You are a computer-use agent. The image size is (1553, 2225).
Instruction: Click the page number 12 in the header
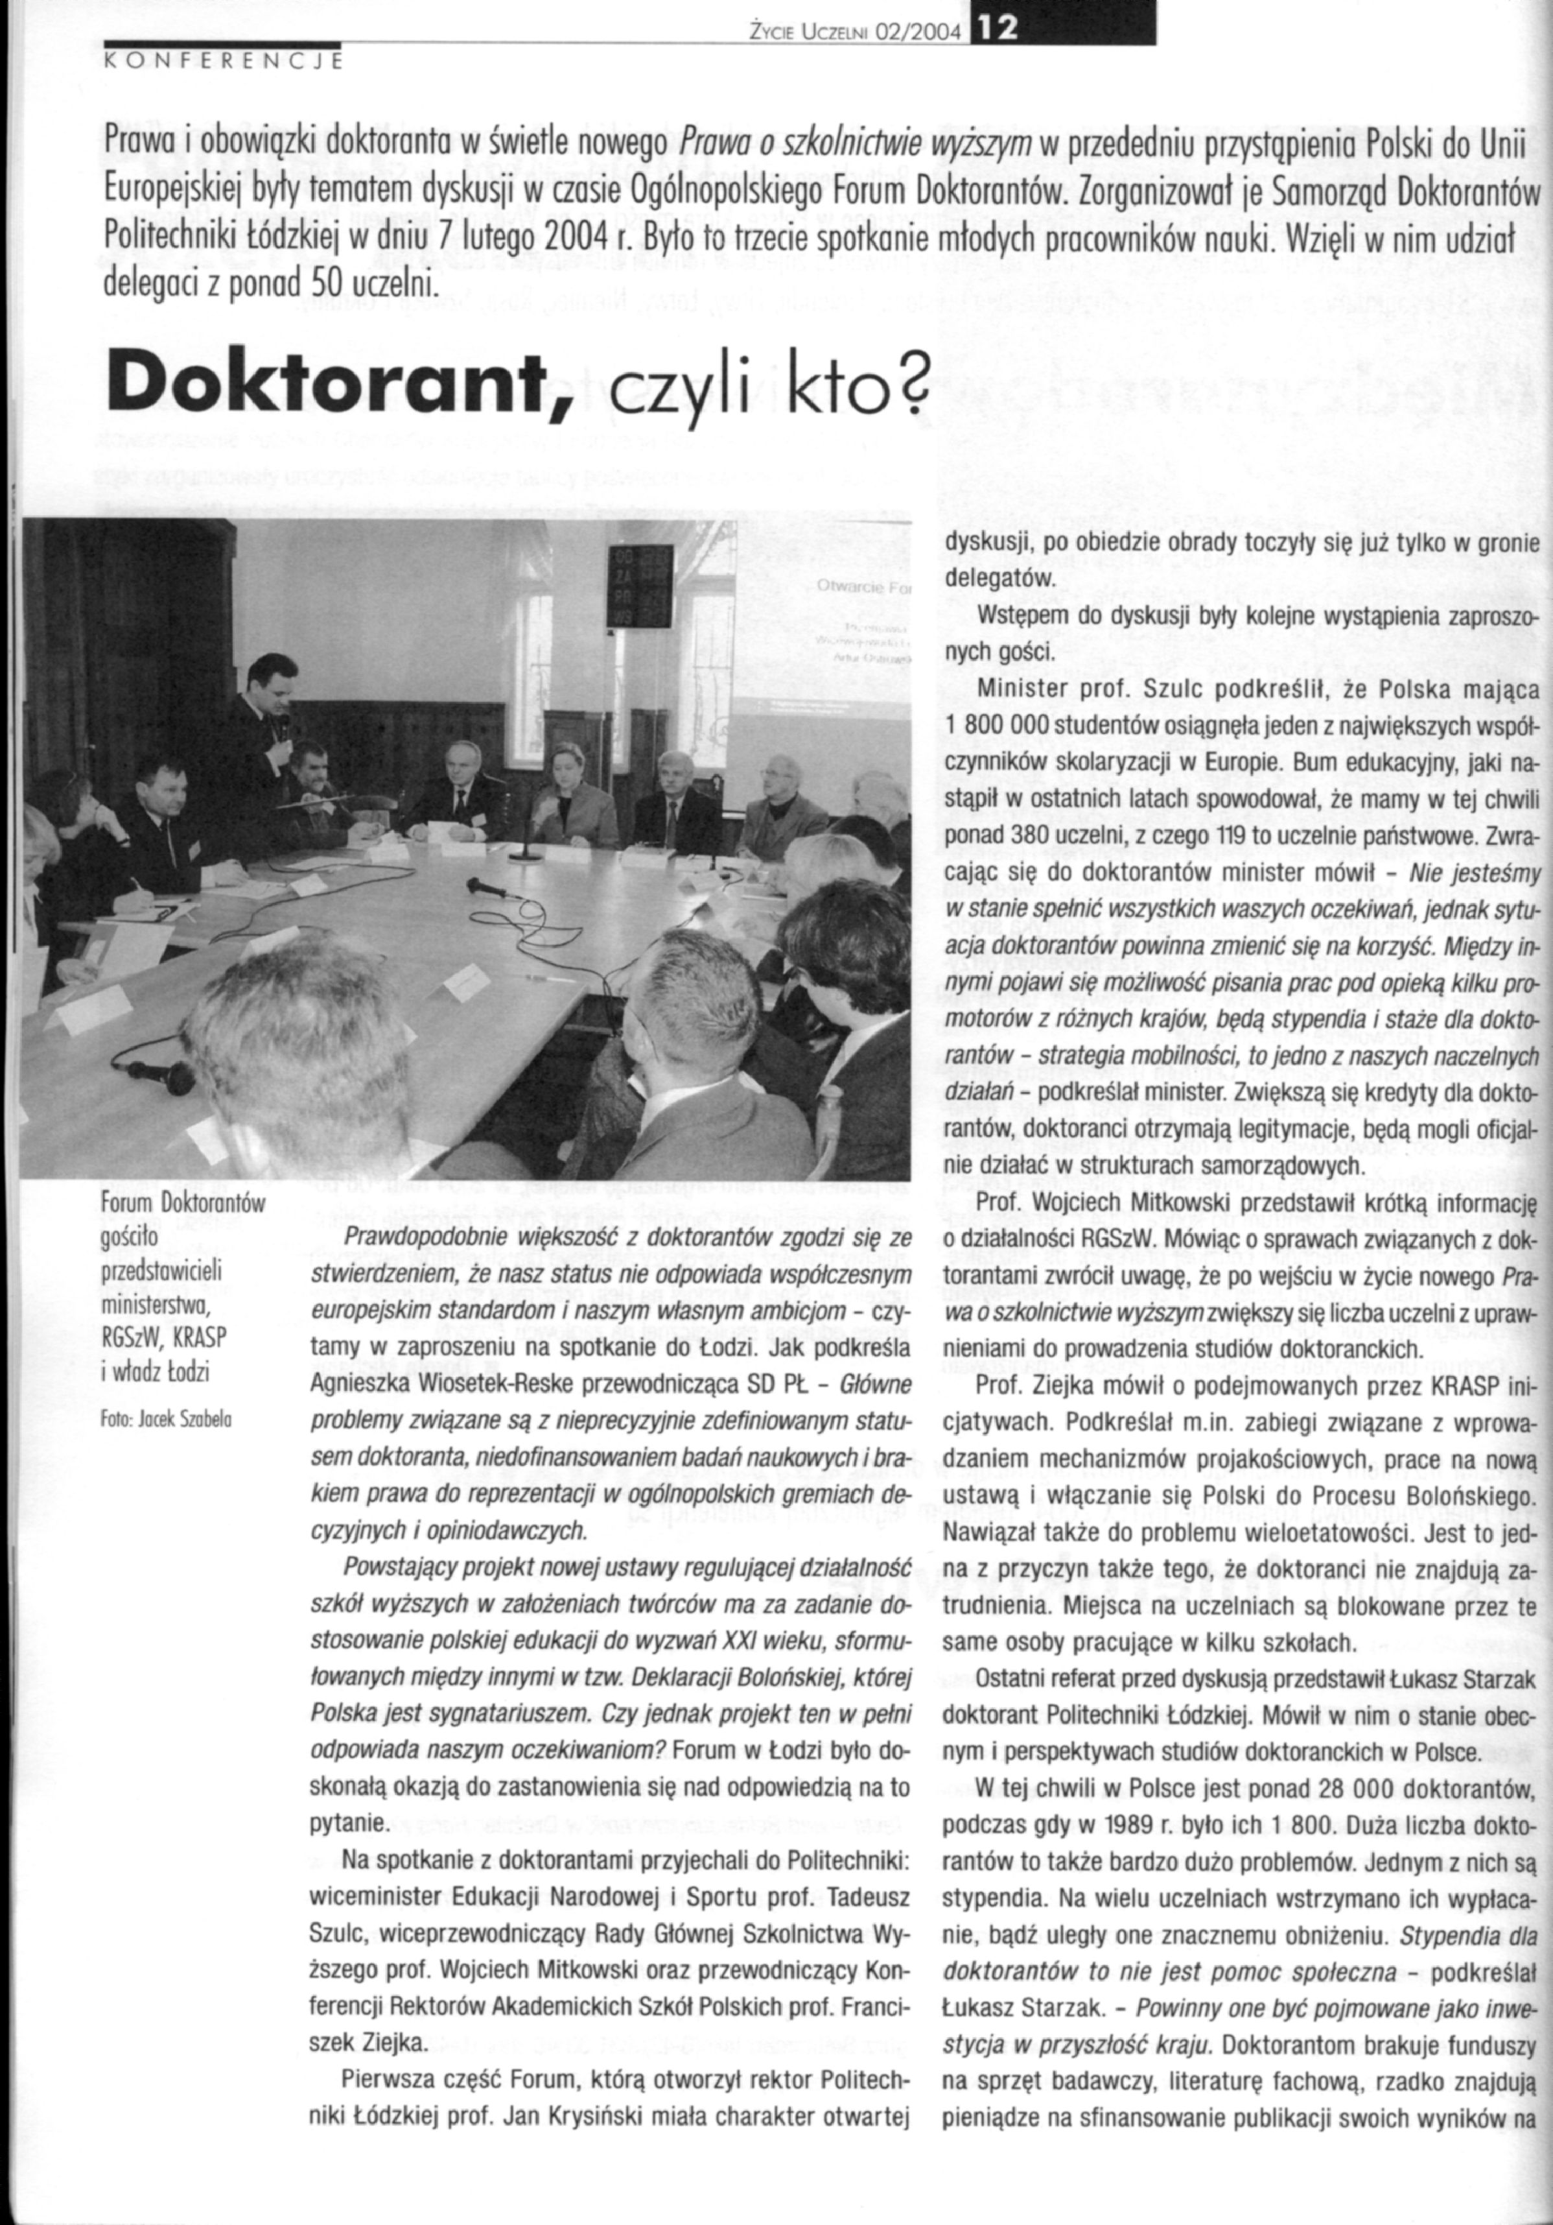point(998,32)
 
